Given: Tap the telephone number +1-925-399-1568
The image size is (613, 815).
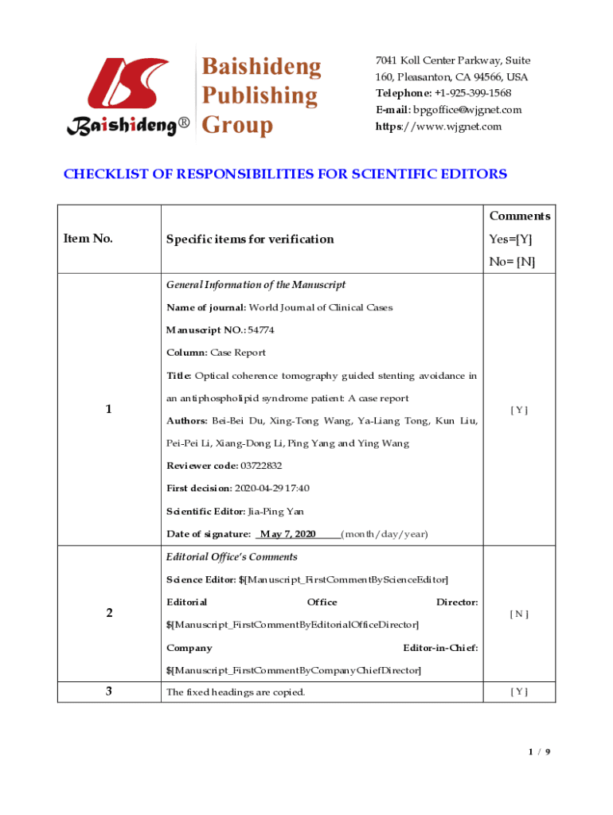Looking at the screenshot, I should tap(467, 94).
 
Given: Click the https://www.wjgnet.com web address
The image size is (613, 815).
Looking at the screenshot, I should tap(439, 127).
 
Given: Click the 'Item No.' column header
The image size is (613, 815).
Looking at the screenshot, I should tap(88, 239).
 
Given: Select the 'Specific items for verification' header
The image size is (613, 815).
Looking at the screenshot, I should tap(249, 240).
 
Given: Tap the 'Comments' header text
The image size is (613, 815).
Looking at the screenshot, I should tap(519, 216).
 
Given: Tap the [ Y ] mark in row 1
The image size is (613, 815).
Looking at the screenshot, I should tap(519, 410).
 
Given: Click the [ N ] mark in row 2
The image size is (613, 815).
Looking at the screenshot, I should tap(519, 614).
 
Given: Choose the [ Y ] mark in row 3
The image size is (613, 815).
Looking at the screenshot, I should tap(519, 692).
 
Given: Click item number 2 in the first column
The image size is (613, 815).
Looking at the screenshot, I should tap(108, 613).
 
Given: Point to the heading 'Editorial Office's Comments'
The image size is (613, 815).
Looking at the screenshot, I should tap(232, 557).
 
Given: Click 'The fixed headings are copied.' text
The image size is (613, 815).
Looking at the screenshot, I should tap(235, 692).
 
